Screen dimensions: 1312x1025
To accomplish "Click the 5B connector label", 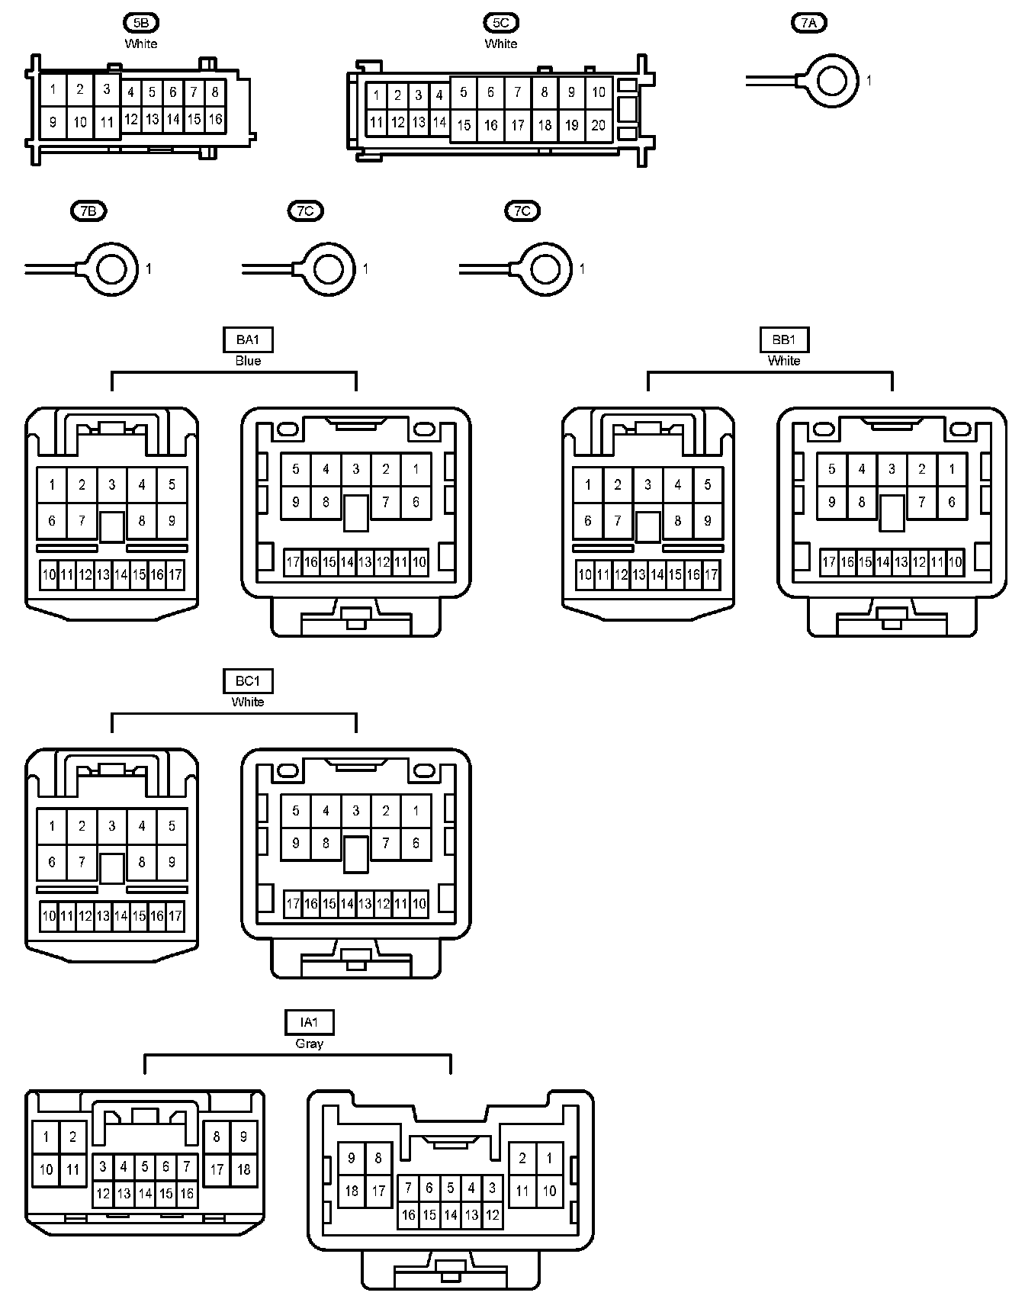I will tap(141, 23).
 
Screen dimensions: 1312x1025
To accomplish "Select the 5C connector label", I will tap(501, 23).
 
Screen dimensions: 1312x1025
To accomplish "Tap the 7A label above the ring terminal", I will tap(808, 23).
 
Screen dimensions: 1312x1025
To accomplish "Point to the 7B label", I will tap(88, 211).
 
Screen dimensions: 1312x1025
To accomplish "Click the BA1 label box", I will tap(248, 339).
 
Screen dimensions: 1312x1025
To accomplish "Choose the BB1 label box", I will tap(784, 339).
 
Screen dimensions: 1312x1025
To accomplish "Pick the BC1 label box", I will tap(248, 680).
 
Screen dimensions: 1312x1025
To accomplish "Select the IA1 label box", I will tap(309, 1022).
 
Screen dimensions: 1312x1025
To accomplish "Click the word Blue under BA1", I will tap(248, 361).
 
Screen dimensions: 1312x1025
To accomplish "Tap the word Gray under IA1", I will tap(309, 1043).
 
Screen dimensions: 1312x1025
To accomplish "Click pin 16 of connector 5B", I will tap(215, 119).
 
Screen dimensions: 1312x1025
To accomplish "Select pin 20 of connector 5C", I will tap(599, 125).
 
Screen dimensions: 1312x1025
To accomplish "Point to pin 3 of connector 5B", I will tap(107, 89).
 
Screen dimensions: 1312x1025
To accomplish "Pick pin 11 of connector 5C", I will tap(376, 122).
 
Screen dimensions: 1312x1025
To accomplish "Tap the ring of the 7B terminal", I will tap(111, 269).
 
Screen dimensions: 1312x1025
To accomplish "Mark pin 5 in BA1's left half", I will tap(172, 484).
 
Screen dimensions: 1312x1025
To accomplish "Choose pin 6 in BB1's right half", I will tap(951, 502).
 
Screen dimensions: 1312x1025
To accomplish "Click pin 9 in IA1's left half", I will tap(243, 1137).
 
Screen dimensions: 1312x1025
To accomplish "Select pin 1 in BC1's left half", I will tap(52, 825).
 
